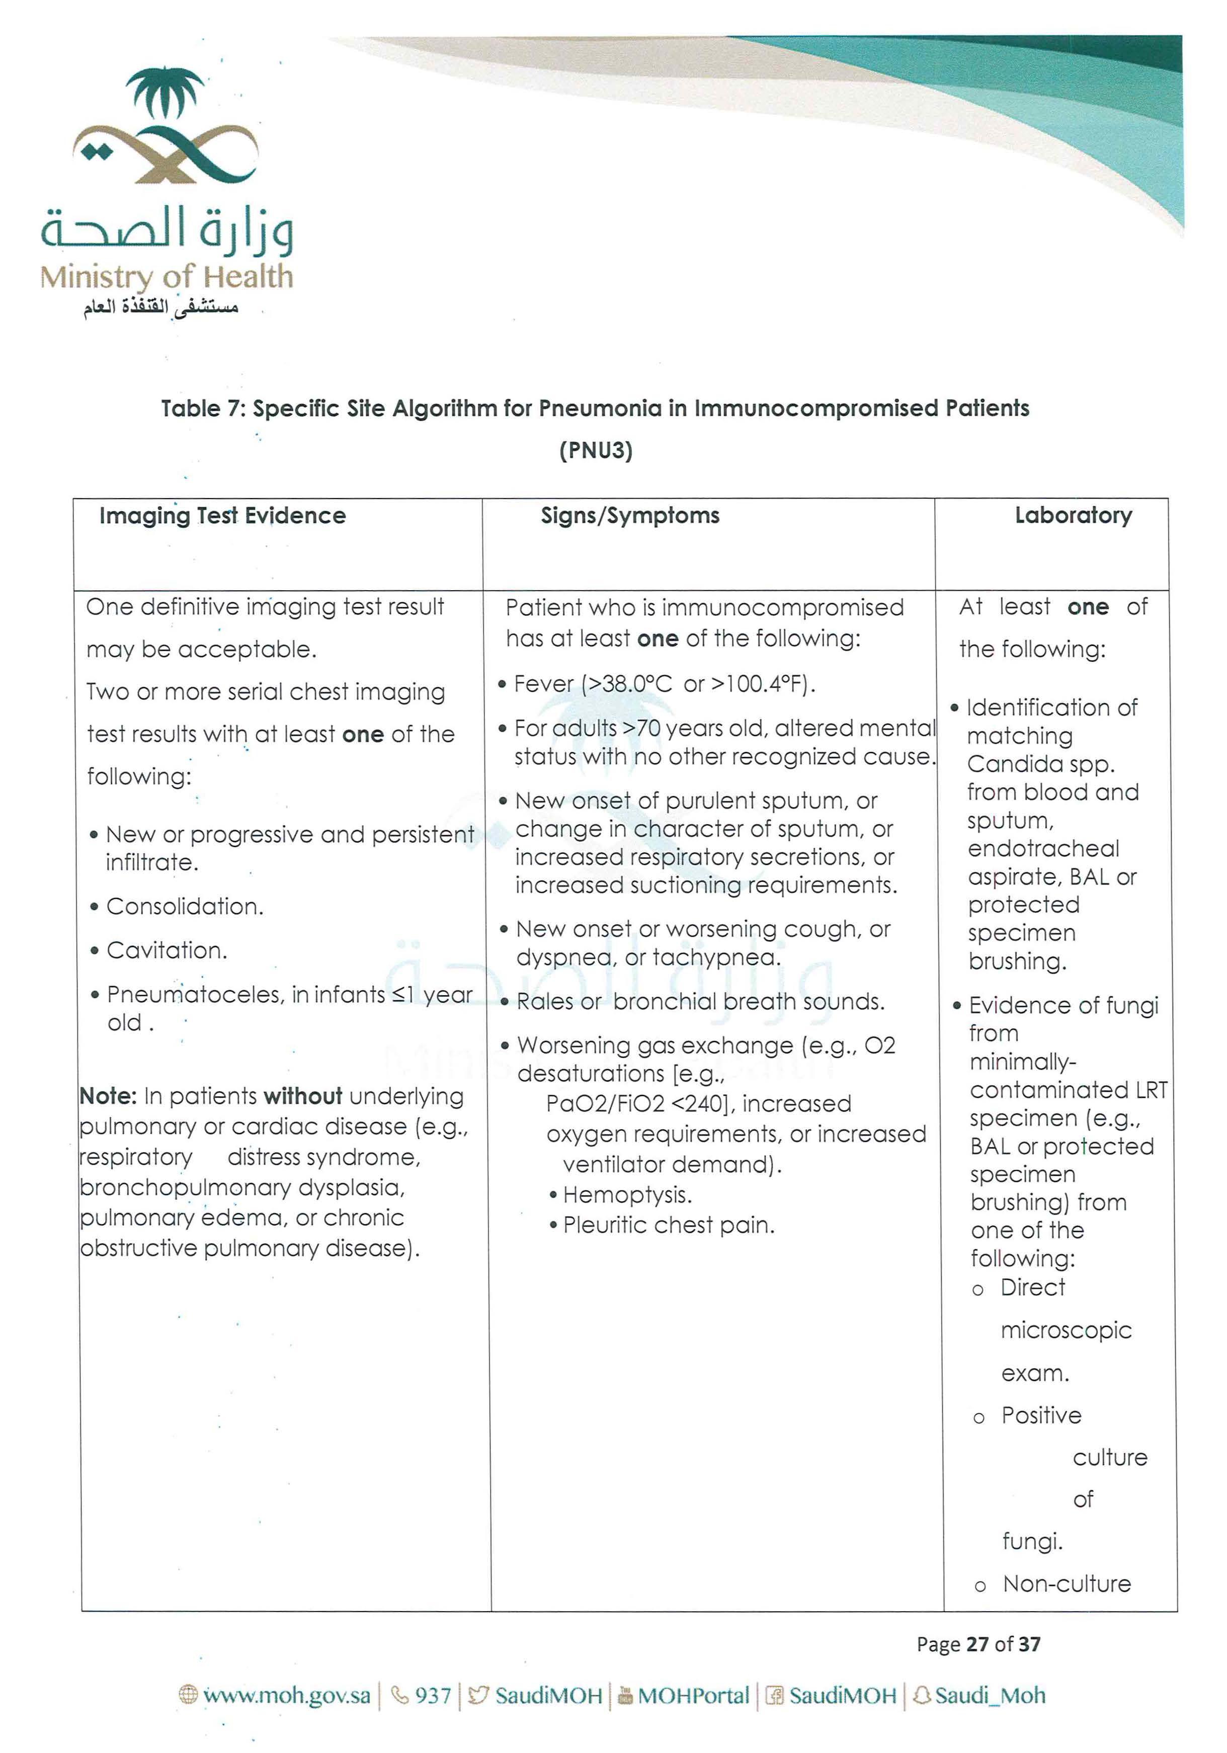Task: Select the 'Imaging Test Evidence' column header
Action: click(222, 516)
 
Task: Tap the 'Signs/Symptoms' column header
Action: click(630, 516)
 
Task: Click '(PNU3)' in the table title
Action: click(596, 450)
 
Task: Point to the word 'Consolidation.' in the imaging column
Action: click(185, 906)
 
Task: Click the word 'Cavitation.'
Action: click(167, 950)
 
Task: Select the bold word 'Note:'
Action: click(108, 1096)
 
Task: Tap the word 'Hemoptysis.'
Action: click(627, 1195)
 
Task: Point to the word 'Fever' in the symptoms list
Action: click(544, 684)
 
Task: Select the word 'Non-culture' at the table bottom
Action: click(1067, 1584)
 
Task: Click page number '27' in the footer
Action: click(977, 1644)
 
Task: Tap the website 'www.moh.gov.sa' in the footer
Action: click(286, 1696)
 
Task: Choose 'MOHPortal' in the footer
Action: click(693, 1696)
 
